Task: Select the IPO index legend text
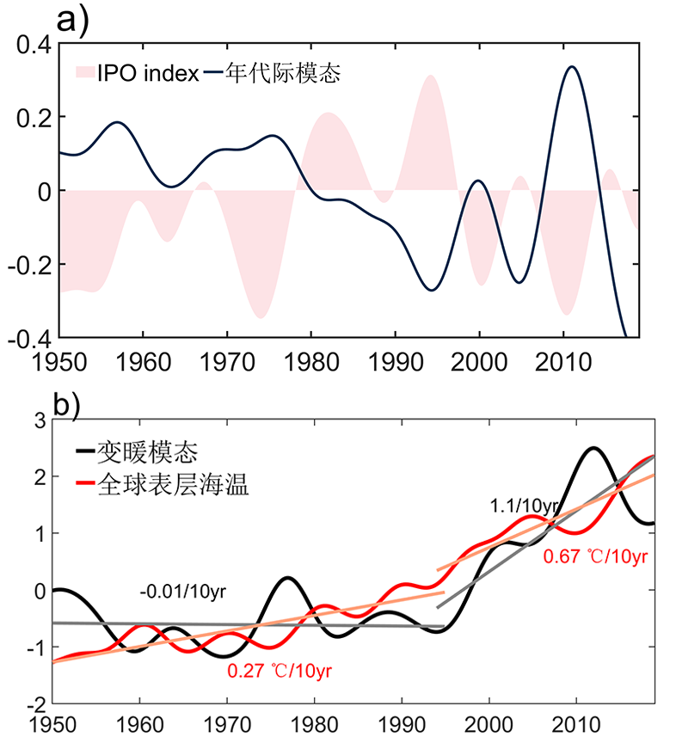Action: (148, 74)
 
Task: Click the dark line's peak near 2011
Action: (572, 67)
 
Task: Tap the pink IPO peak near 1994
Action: (430, 77)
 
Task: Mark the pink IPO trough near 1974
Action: (261, 317)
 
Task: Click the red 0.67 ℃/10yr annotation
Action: (595, 557)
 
